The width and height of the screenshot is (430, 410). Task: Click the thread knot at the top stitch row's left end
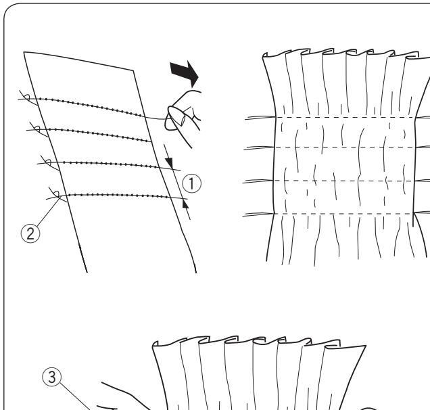coord(28,99)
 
